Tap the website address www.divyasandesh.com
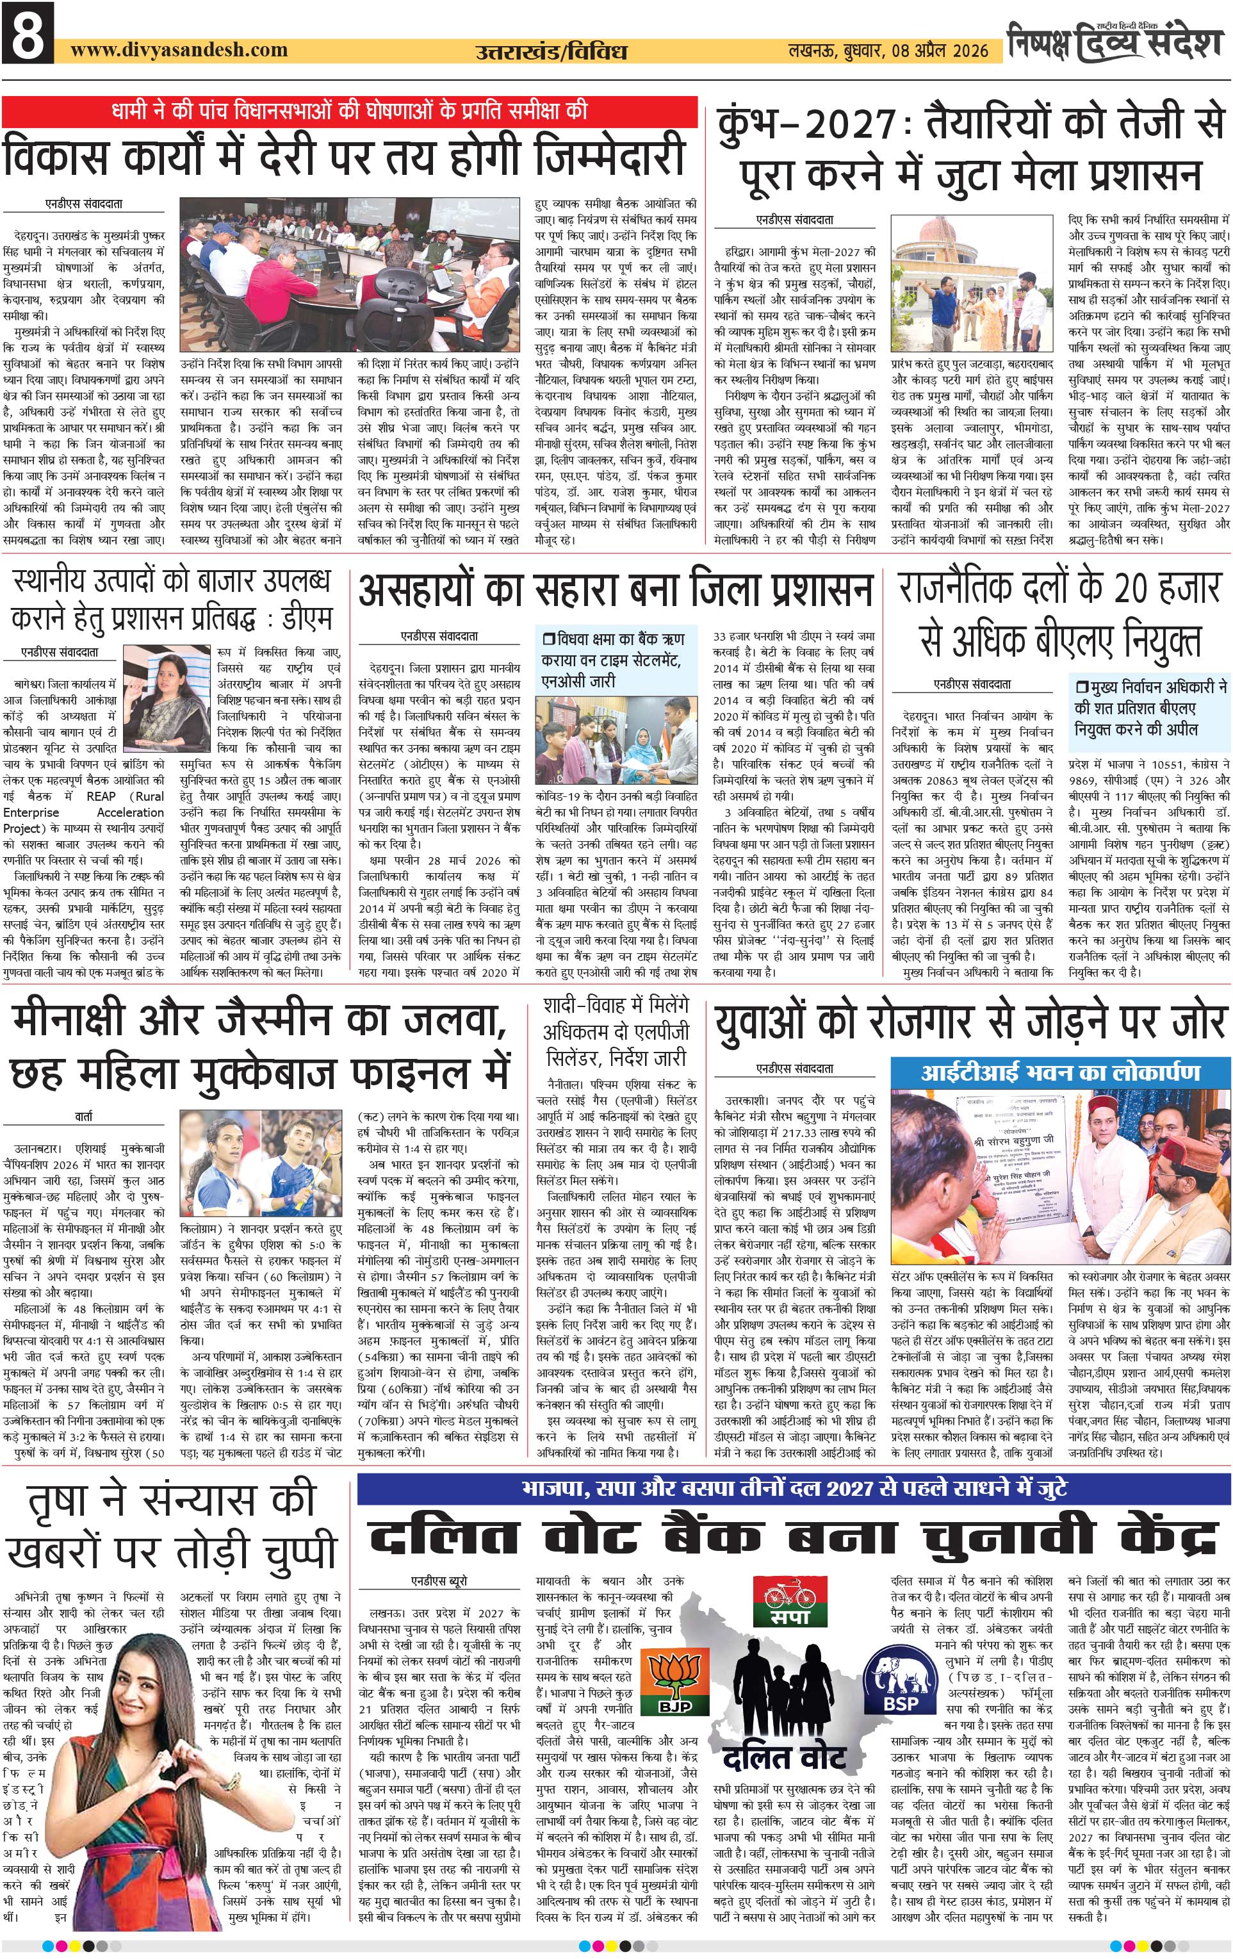(x=179, y=49)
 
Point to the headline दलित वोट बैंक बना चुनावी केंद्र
(x=793, y=1537)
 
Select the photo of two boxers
(x=260, y=1164)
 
